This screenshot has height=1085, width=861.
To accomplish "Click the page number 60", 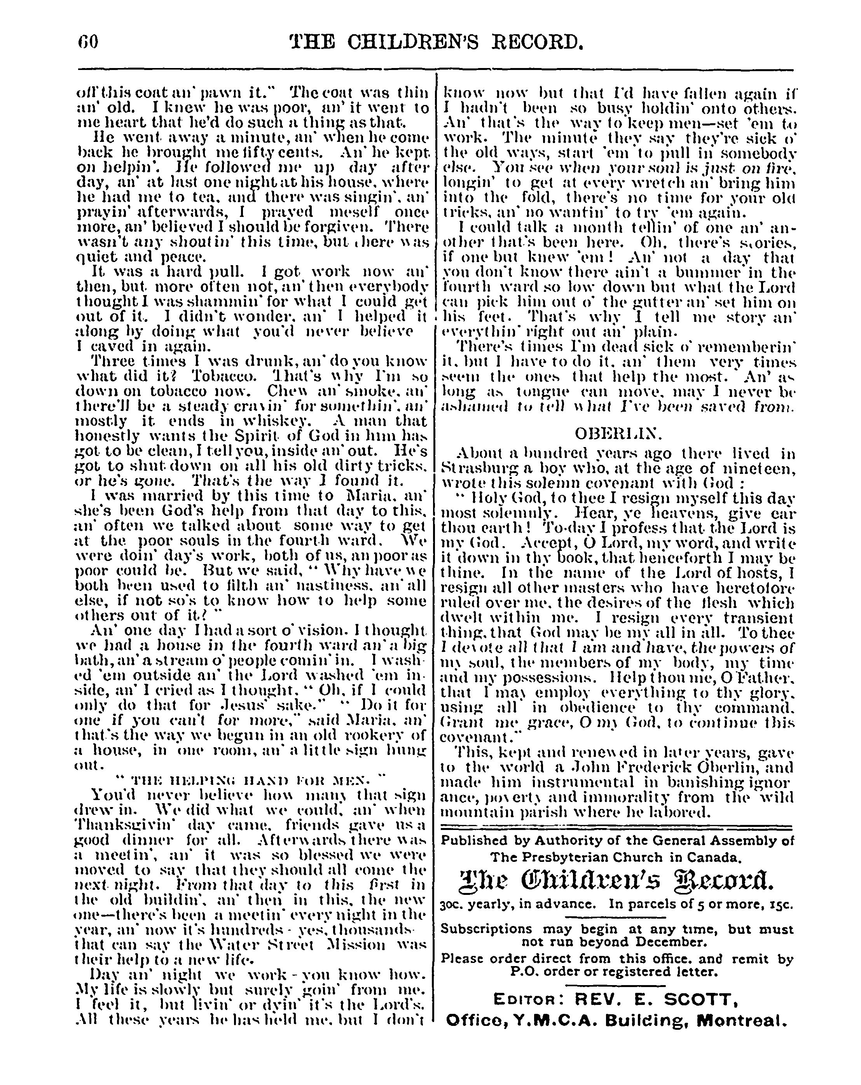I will coord(88,42).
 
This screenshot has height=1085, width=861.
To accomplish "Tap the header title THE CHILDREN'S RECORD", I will coord(437,42).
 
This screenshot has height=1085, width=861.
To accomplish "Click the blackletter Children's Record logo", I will coord(617,881).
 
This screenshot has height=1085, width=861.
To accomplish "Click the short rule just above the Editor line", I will coord(617,985).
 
